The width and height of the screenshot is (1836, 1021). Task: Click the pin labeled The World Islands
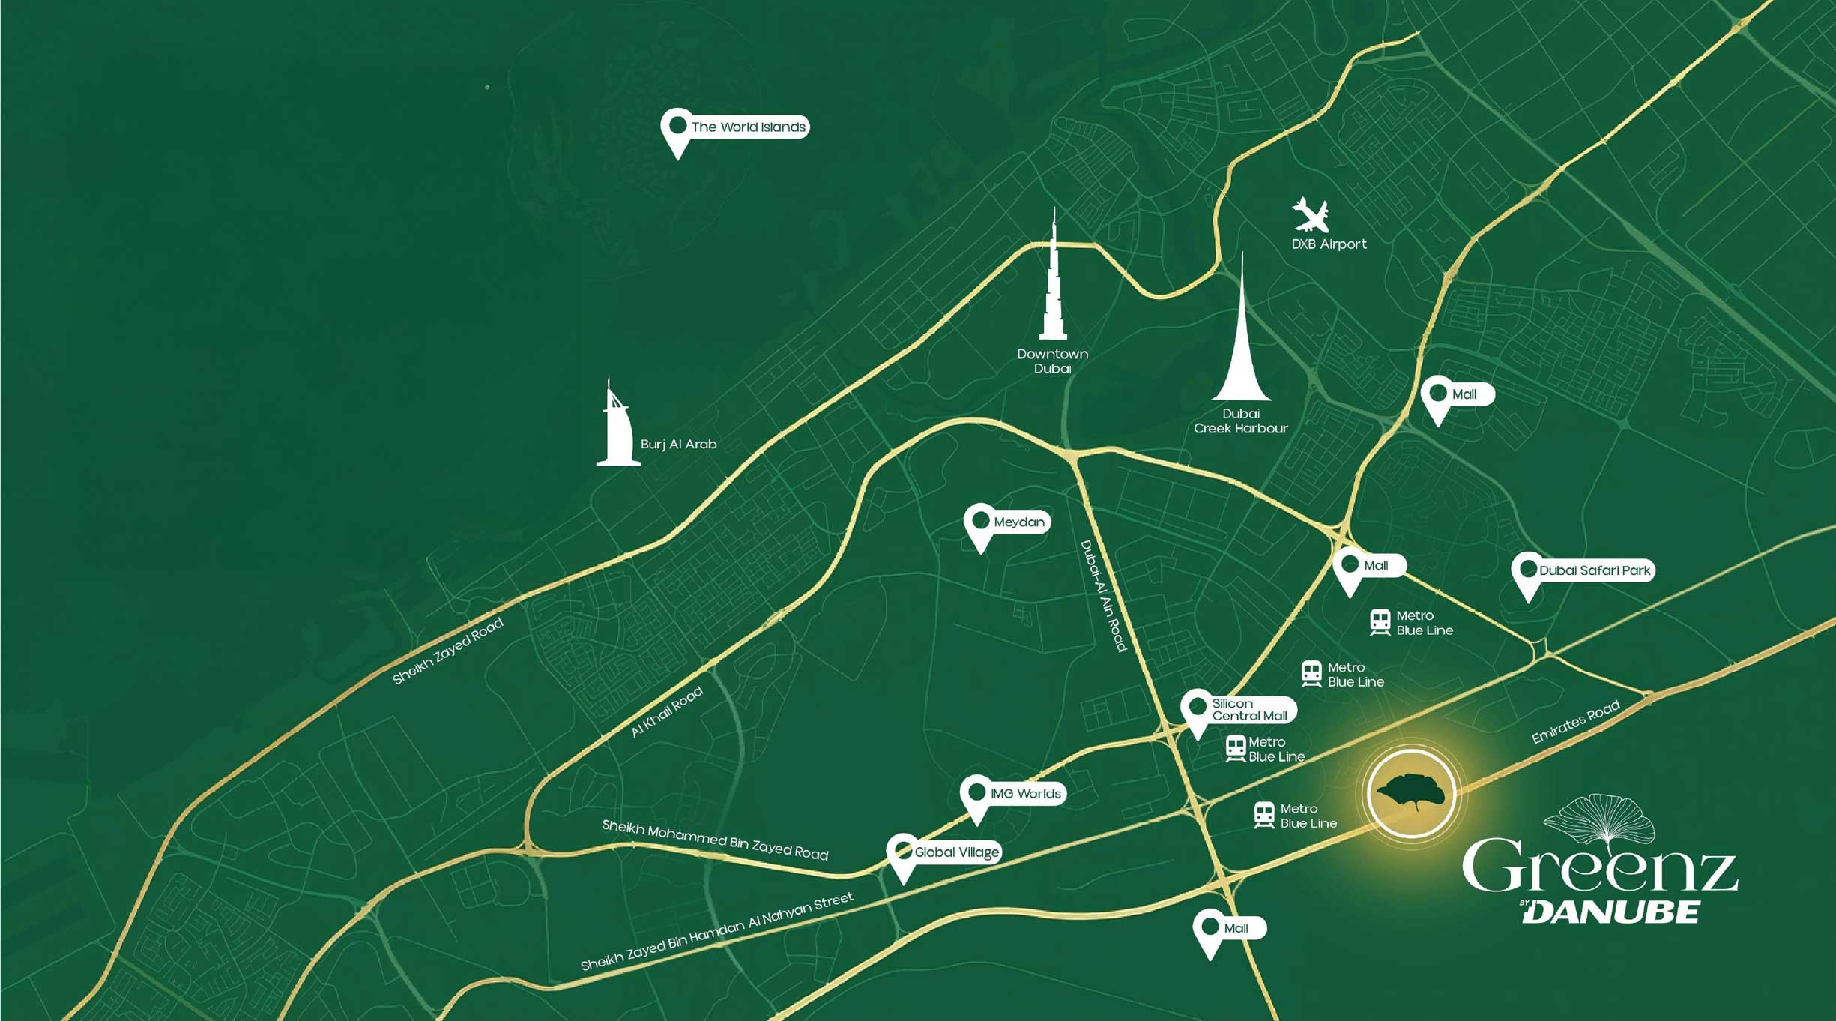[677, 127]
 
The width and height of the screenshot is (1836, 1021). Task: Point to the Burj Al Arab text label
[678, 445]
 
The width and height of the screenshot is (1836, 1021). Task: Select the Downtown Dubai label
[1052, 361]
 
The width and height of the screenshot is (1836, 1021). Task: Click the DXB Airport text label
[1329, 244]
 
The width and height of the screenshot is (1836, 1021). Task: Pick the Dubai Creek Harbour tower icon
[1241, 337]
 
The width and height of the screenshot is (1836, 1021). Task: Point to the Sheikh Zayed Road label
[448, 651]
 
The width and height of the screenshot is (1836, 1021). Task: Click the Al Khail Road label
[667, 712]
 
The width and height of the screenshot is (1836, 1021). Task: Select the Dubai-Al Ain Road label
[1103, 596]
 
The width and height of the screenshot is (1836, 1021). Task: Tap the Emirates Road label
[1575, 721]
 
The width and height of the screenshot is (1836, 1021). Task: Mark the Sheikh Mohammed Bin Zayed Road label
[715, 840]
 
